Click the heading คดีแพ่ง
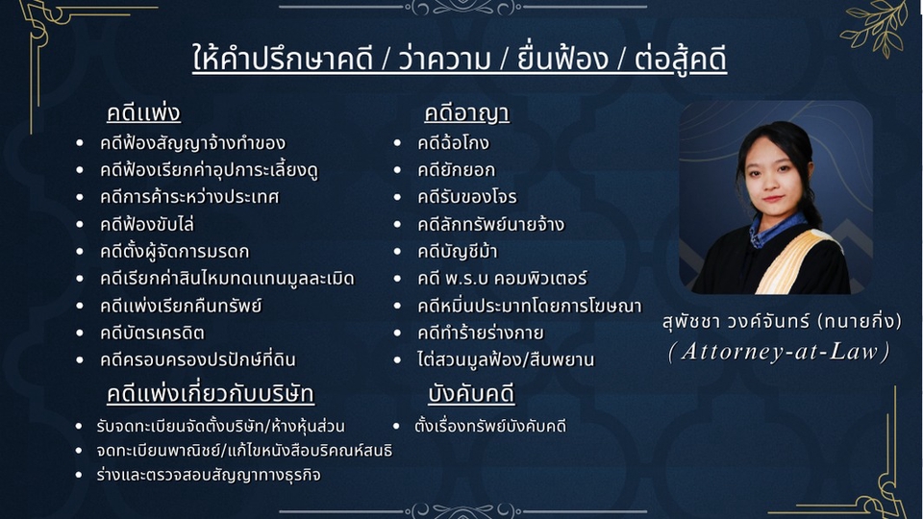(x=143, y=112)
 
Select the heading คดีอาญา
(x=467, y=113)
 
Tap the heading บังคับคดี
(x=471, y=394)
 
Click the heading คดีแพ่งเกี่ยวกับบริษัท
(x=211, y=394)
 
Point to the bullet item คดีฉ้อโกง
(x=453, y=143)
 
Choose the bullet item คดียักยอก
(x=456, y=170)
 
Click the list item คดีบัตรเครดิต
(x=152, y=334)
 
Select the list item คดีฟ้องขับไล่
(x=146, y=224)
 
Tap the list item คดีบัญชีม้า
(x=458, y=252)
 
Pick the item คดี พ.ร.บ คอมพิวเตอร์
(x=502, y=279)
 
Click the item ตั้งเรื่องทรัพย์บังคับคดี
(x=490, y=426)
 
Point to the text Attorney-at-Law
(x=780, y=352)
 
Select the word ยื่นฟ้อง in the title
(x=562, y=59)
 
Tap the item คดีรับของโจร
(x=467, y=197)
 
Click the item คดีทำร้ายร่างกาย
(x=481, y=334)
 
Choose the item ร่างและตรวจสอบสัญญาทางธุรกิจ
(x=209, y=475)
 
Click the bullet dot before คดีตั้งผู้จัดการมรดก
(x=80, y=251)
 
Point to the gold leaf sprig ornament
(x=873, y=27)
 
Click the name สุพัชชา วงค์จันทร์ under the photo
(x=738, y=322)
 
